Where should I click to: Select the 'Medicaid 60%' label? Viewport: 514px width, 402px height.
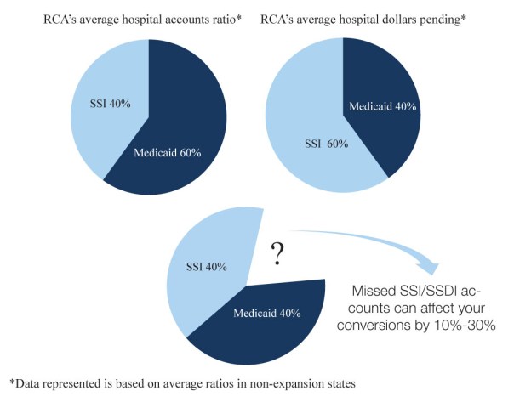[168, 153]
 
